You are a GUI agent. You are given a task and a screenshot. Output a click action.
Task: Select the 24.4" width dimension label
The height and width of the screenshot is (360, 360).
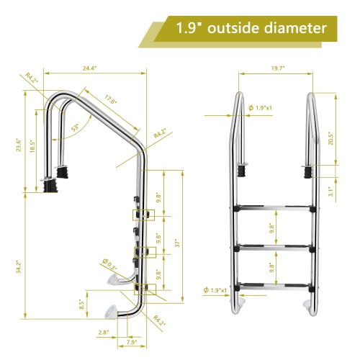click(x=90, y=68)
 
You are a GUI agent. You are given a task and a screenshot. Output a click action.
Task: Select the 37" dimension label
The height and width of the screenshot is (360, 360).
click(x=176, y=243)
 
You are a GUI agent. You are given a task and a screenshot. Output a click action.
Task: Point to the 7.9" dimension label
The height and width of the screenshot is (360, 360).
click(x=132, y=341)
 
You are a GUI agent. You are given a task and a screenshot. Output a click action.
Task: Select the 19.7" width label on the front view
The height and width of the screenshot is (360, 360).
click(x=278, y=68)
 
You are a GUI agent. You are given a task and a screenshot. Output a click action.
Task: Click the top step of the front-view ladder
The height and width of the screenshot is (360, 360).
click(x=274, y=209)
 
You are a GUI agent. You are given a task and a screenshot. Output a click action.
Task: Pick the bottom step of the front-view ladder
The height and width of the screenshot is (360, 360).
click(x=274, y=285)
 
